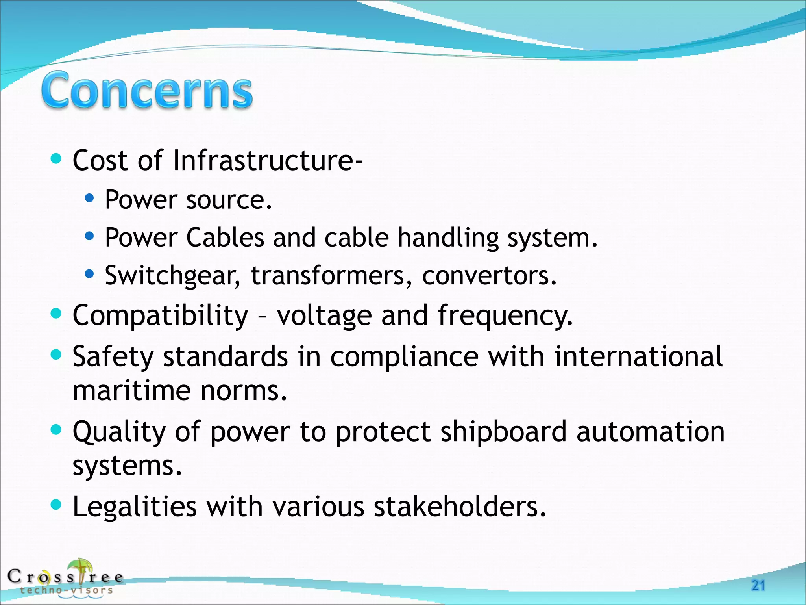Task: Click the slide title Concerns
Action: point(147,90)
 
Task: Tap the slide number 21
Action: point(758,586)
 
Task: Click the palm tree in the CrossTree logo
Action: point(80,570)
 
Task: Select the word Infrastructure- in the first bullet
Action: point(268,161)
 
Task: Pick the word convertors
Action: point(489,275)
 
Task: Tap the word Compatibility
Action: point(161,315)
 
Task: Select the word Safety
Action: point(113,356)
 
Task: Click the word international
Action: point(638,356)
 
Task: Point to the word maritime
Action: point(132,391)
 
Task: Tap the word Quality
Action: point(119,432)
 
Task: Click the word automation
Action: point(650,432)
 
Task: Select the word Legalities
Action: point(135,507)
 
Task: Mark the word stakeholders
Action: point(460,507)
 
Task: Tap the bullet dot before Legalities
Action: point(57,505)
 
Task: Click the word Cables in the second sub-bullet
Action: point(225,238)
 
